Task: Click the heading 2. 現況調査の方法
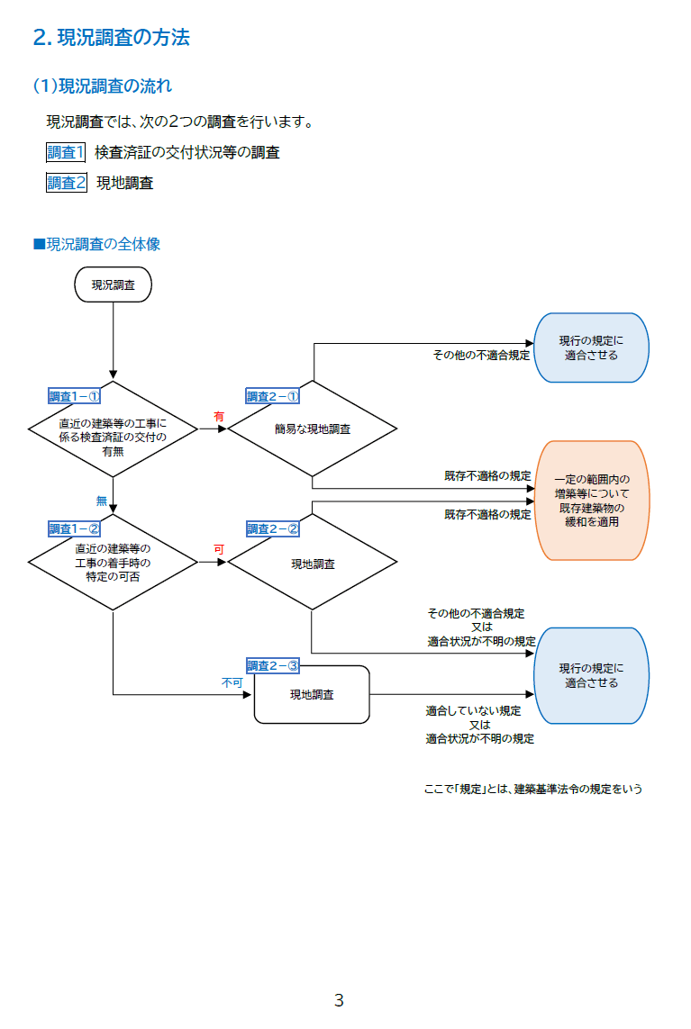(111, 38)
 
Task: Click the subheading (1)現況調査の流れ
(102, 86)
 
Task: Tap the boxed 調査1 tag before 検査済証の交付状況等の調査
(66, 152)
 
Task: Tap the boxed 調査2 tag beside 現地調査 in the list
(67, 183)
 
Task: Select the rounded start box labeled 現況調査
(114, 284)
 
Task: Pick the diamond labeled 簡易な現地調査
(312, 429)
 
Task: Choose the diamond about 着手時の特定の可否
(114, 563)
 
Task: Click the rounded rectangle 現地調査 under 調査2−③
(312, 695)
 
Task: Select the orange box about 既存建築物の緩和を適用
(592, 501)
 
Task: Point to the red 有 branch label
(218, 417)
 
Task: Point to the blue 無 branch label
(102, 501)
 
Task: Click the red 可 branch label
(218, 549)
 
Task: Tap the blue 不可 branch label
(232, 683)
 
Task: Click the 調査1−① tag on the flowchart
(73, 396)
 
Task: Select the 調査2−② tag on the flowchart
(272, 528)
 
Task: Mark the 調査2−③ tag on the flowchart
(272, 665)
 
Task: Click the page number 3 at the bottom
(339, 1000)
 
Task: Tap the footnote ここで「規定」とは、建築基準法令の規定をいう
(532, 790)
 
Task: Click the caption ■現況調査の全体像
(96, 244)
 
